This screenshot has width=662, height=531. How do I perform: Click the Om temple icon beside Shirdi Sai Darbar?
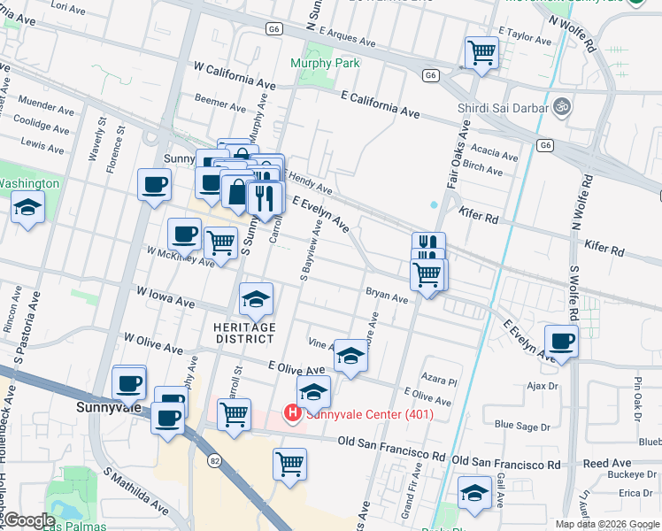(x=560, y=107)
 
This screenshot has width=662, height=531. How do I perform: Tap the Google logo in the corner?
(x=28, y=520)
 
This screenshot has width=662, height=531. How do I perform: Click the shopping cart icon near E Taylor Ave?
(x=481, y=53)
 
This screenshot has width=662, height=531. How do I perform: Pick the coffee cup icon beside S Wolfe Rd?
(x=561, y=341)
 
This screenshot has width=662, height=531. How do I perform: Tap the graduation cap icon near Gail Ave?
(x=474, y=493)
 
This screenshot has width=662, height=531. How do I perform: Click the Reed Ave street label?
(x=607, y=463)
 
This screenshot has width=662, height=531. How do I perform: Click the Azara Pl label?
(x=439, y=381)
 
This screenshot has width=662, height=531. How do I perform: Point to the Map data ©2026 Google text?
(x=607, y=524)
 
